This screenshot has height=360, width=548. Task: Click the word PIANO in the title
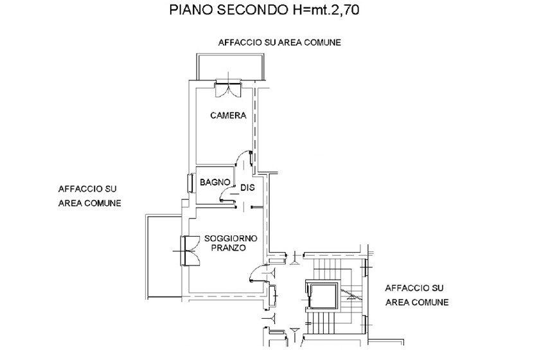191,10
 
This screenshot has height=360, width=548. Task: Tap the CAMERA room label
228,116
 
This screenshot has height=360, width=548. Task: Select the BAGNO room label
215,183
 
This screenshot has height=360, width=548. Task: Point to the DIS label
247,188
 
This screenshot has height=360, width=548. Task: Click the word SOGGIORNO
231,239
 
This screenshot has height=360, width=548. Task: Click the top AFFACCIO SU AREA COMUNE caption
279,42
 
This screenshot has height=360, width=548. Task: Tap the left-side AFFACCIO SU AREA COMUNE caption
89,196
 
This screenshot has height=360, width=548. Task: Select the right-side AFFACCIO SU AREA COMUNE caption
417,295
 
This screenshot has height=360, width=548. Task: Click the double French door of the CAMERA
228,88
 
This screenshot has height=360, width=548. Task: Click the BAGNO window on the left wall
190,183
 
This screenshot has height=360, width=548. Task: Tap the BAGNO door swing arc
225,192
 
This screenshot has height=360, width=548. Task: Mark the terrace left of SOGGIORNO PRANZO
164,257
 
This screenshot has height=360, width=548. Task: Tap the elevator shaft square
322,296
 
